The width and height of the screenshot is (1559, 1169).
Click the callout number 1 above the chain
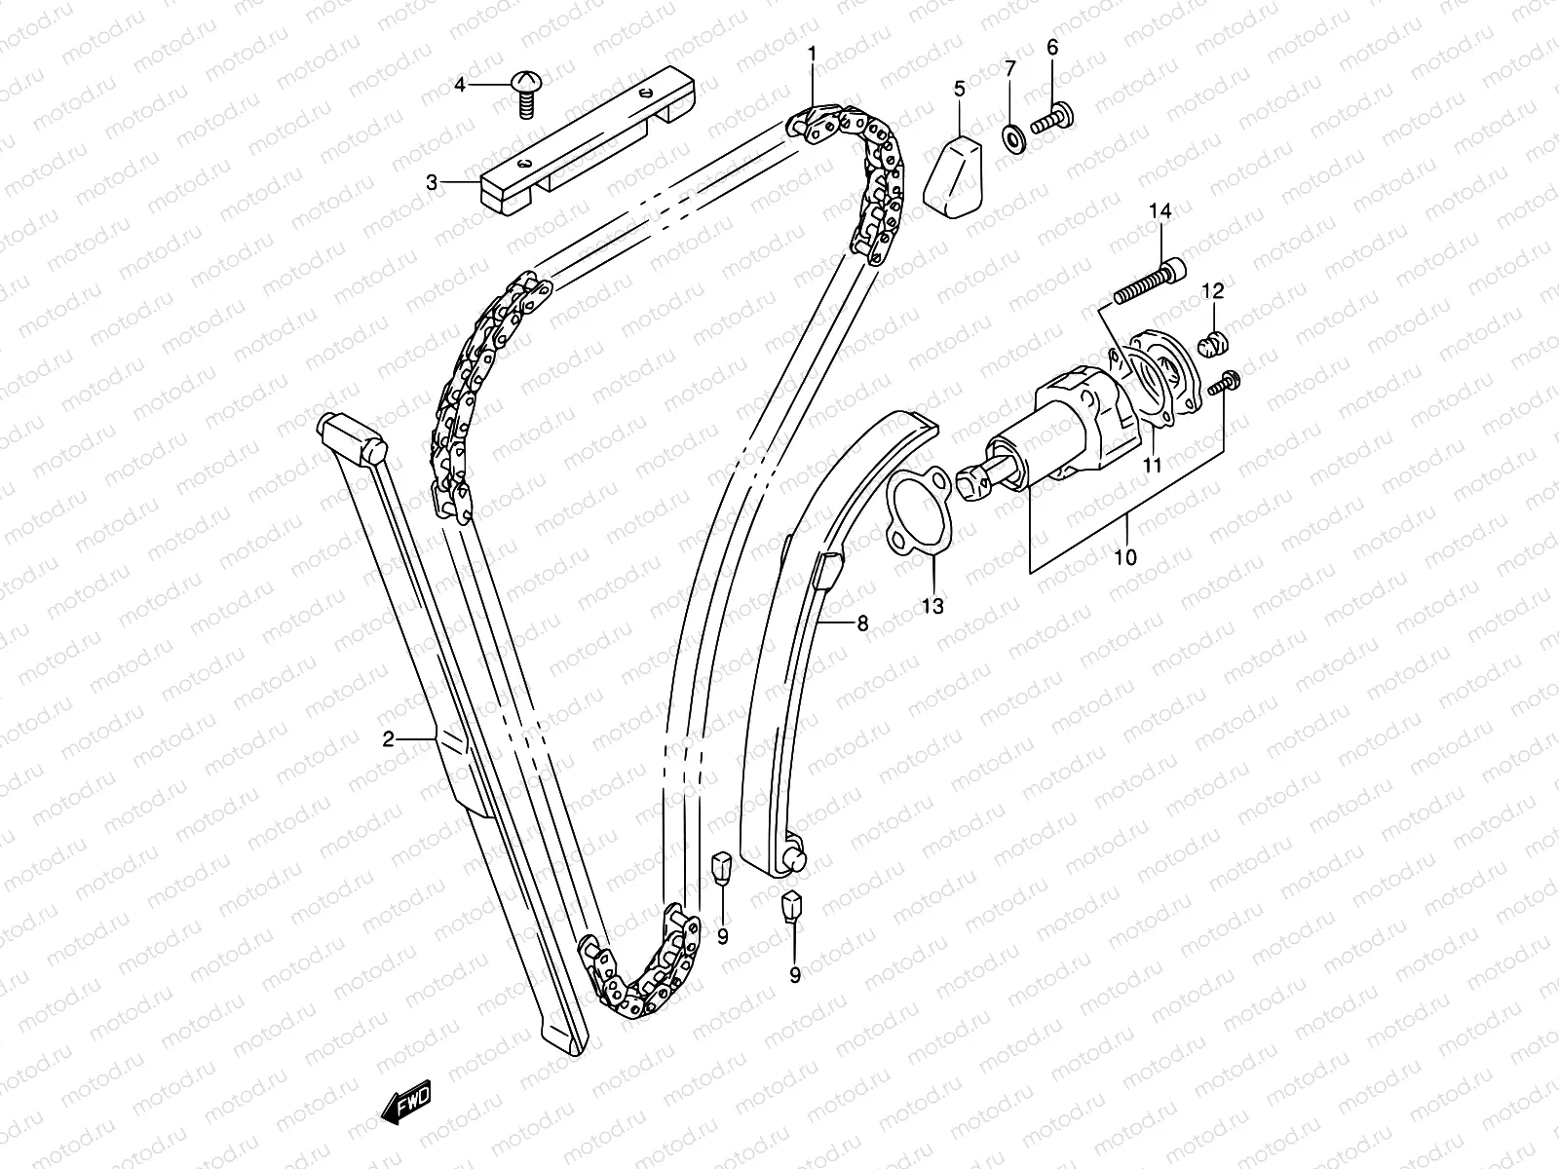811,55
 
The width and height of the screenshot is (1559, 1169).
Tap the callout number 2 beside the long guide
388,739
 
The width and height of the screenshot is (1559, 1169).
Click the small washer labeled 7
1011,135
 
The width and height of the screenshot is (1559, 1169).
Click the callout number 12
1212,290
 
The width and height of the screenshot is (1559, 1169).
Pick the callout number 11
1153,466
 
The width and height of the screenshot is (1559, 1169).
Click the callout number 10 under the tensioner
1125,557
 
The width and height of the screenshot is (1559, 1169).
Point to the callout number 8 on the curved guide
862,624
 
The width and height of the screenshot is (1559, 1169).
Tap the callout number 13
932,607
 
